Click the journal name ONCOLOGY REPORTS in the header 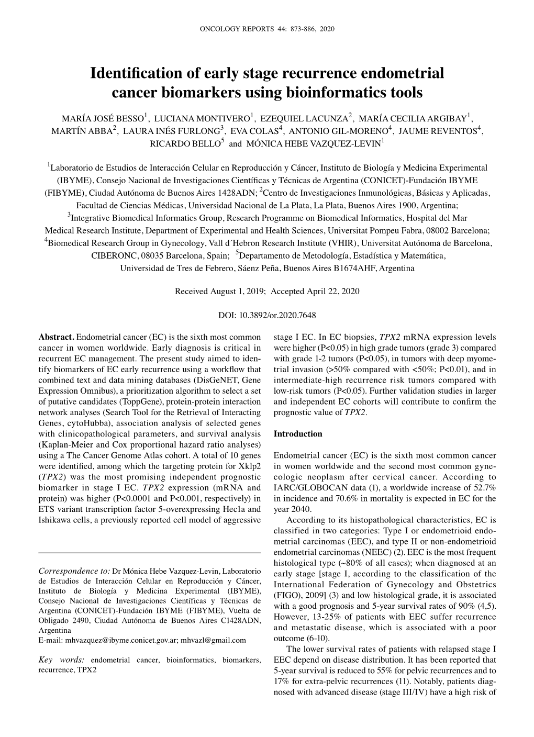coord(231,29)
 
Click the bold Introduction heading coord(298,434)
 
